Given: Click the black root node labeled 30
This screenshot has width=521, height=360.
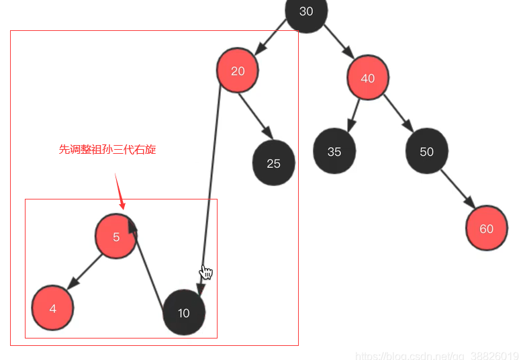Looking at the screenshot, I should [306, 11].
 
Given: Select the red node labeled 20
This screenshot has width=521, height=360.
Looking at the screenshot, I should [238, 71].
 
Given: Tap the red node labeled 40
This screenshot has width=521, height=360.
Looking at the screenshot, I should [368, 78].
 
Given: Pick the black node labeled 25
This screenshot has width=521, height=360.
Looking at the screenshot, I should [273, 163].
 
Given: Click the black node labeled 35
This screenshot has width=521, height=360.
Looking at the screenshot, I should [334, 152].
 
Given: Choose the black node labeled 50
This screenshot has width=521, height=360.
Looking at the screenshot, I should [426, 151].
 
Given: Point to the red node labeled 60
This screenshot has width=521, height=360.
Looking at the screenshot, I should [486, 229].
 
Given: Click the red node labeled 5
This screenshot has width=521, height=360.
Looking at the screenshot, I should [116, 236].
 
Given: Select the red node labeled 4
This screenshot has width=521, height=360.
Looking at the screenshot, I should [52, 308].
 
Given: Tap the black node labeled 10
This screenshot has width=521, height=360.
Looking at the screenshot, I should [184, 312].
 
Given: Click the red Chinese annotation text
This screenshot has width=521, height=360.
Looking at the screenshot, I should [107, 149].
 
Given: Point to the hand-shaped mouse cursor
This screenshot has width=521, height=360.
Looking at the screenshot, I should [207, 272].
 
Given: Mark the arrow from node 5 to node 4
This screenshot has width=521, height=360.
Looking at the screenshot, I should [84, 273].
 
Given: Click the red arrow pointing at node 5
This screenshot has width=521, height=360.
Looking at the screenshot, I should [120, 191].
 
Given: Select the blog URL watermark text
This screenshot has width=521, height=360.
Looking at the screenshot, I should [437, 355].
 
